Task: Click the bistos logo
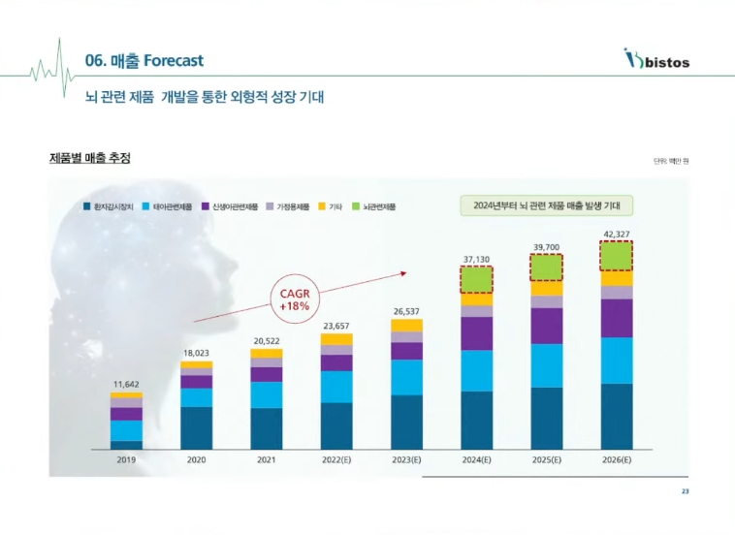pos(656,60)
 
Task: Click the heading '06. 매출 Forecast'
pos(144,61)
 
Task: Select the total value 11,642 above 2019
pos(126,385)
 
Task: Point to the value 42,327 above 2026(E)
pos(616,234)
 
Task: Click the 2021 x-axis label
pos(266,460)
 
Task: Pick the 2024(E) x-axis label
pos(476,460)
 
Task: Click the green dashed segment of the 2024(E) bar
pos(476,279)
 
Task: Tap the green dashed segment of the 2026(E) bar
pos(616,256)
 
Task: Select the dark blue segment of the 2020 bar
pos(196,427)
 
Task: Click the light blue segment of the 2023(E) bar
pos(406,377)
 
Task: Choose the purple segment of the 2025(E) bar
pos(546,326)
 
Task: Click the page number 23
pos(685,491)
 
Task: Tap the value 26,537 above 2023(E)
pos(406,311)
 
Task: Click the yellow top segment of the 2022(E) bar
pos(336,339)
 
